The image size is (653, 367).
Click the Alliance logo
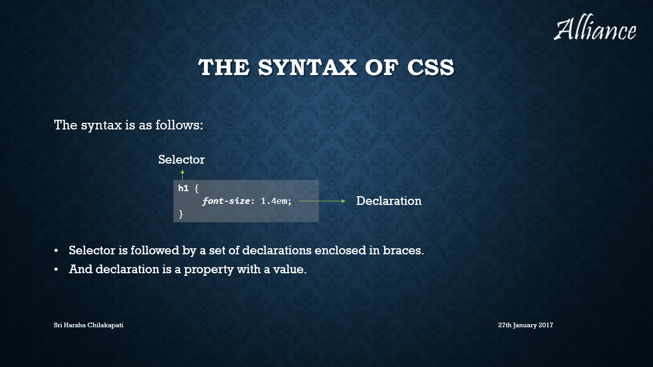click(x=595, y=27)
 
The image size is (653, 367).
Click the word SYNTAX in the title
click(x=307, y=67)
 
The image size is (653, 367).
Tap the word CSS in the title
click(x=431, y=67)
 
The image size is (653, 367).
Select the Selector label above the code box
click(x=181, y=160)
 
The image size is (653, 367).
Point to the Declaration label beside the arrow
click(x=389, y=201)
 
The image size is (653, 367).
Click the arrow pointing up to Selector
click(x=183, y=175)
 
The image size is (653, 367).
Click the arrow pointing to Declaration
click(x=322, y=201)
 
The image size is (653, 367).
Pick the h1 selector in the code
click(x=183, y=189)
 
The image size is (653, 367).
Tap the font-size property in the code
click(x=226, y=201)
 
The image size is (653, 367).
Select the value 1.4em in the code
click(x=274, y=201)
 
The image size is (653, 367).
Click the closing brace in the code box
click(x=181, y=214)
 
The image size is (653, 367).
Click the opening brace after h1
click(x=196, y=189)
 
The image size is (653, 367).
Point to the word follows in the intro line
click(x=179, y=125)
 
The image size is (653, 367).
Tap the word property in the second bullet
click(x=209, y=270)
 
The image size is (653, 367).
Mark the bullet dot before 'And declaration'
click(x=56, y=270)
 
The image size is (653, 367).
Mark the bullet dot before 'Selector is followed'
click(x=56, y=251)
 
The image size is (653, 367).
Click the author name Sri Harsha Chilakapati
click(x=88, y=325)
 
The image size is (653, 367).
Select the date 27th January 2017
click(x=525, y=325)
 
